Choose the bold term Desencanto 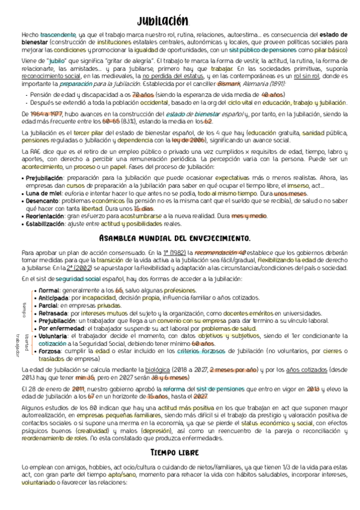[41, 201]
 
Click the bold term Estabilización [46, 223]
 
